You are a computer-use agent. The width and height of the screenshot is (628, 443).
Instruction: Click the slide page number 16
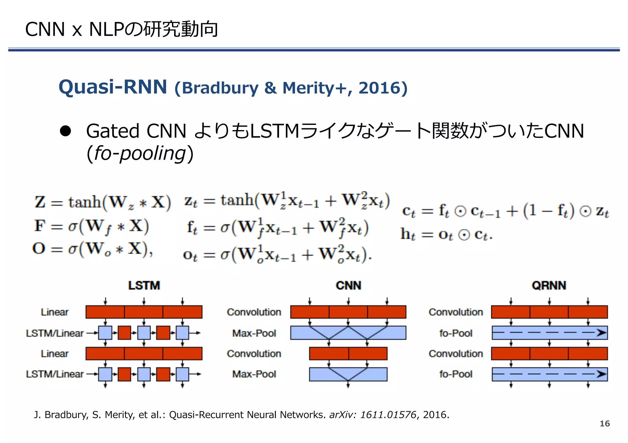click(604, 424)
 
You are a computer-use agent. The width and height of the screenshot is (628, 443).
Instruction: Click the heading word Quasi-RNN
click(113, 87)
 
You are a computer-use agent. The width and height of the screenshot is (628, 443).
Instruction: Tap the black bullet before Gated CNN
click(65, 131)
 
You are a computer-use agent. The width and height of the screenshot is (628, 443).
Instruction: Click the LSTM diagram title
click(144, 286)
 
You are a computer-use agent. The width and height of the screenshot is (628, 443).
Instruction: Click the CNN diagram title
click(348, 286)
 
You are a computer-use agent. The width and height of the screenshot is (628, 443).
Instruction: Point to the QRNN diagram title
click(549, 286)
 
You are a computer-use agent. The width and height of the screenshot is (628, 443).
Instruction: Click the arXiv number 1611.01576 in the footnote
click(388, 415)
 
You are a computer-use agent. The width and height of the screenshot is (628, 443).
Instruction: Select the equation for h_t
click(446, 235)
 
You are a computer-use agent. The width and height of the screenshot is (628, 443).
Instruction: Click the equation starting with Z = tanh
click(102, 202)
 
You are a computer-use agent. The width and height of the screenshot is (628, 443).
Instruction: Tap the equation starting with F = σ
click(91, 226)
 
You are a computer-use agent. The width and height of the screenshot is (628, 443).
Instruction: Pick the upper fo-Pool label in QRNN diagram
click(456, 333)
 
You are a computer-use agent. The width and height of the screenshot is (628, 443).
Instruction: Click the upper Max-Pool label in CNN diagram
click(254, 333)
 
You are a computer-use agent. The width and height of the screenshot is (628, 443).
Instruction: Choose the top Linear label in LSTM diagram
click(55, 312)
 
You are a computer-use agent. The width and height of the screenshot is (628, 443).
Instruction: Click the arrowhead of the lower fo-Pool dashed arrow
click(601, 374)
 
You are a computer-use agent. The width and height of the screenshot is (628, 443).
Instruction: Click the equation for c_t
click(505, 211)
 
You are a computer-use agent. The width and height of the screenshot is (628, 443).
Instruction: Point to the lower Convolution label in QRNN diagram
click(456, 354)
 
